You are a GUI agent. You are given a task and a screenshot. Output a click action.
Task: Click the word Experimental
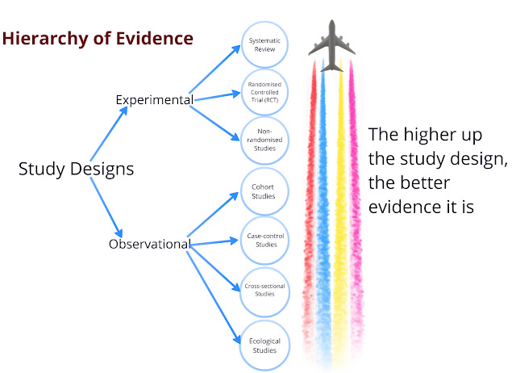point(154,100)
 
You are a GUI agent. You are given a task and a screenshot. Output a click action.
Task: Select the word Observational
point(149,244)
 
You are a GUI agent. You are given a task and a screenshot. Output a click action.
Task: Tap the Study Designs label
point(76,170)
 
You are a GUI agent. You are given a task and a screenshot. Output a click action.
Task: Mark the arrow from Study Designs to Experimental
point(107,133)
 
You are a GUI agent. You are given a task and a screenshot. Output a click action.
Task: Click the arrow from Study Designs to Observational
point(106,206)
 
